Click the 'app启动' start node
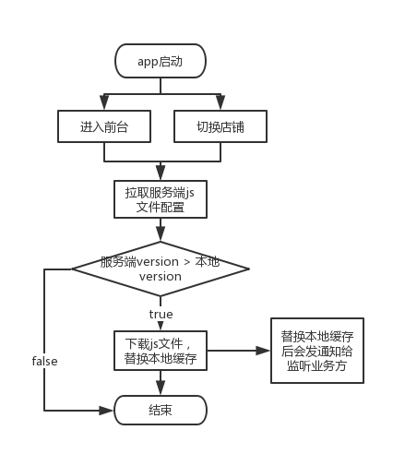161,61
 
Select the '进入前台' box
104,126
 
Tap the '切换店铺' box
220,126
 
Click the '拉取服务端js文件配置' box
161,199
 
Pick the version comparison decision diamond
161,269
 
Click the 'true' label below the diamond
161,314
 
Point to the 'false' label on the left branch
44,361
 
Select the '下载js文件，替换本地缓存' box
161,351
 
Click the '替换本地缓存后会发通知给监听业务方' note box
317,351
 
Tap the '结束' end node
161,410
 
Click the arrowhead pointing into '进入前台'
104,102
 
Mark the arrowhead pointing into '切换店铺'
220,102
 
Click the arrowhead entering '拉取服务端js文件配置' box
161,173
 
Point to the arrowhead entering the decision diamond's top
161,234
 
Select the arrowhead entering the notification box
263,351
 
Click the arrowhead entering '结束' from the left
106,411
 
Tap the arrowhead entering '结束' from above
161,388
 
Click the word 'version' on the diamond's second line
161,277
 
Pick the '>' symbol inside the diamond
187,262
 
